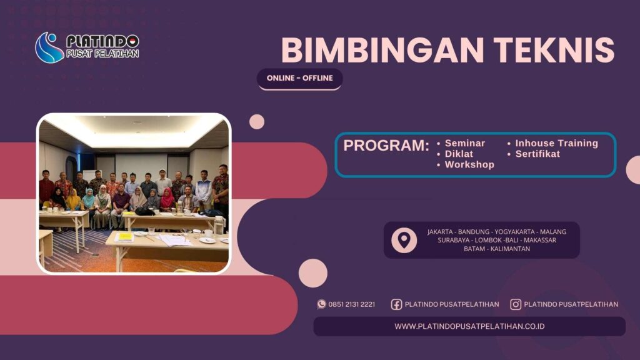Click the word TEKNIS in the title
(x=551, y=51)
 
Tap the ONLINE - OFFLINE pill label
(x=300, y=78)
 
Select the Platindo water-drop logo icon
(x=49, y=47)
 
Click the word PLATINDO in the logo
(x=102, y=42)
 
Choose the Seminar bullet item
(x=464, y=143)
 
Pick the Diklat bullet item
(x=459, y=154)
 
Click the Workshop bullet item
(x=469, y=164)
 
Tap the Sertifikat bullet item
(x=537, y=154)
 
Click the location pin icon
(x=404, y=240)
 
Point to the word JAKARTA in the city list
(x=441, y=232)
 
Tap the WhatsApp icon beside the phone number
(x=322, y=304)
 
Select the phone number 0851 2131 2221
(x=352, y=304)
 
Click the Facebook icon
(x=396, y=304)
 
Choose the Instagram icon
(x=516, y=304)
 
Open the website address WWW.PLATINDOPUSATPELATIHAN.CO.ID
(x=469, y=326)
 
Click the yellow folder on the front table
(x=125, y=236)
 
